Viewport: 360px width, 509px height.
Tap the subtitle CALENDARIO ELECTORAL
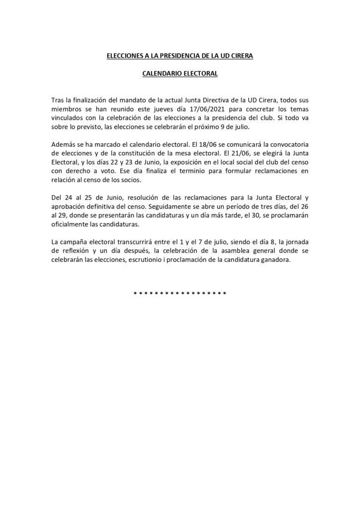click(180, 74)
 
